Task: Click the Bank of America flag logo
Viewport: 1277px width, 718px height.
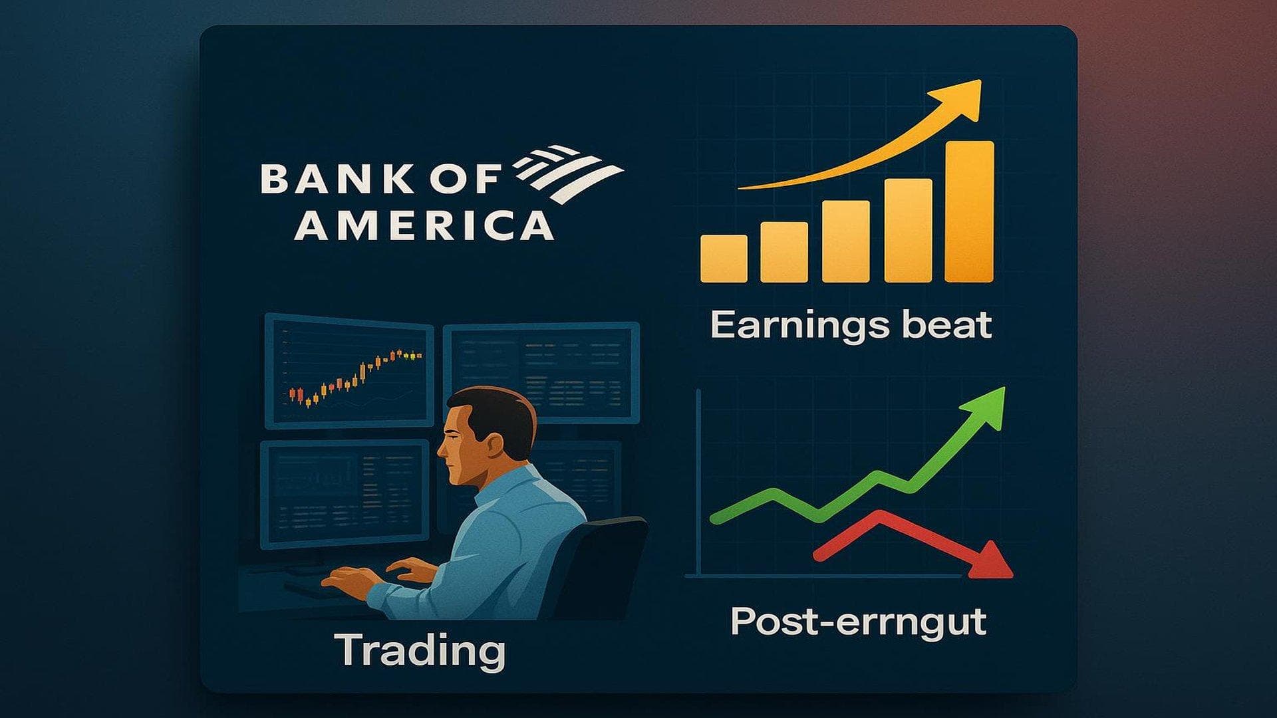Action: [569, 173]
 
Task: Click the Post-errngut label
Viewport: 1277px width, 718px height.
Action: [858, 622]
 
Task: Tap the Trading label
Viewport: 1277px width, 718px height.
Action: [420, 650]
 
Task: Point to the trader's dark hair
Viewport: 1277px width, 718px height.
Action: [505, 412]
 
